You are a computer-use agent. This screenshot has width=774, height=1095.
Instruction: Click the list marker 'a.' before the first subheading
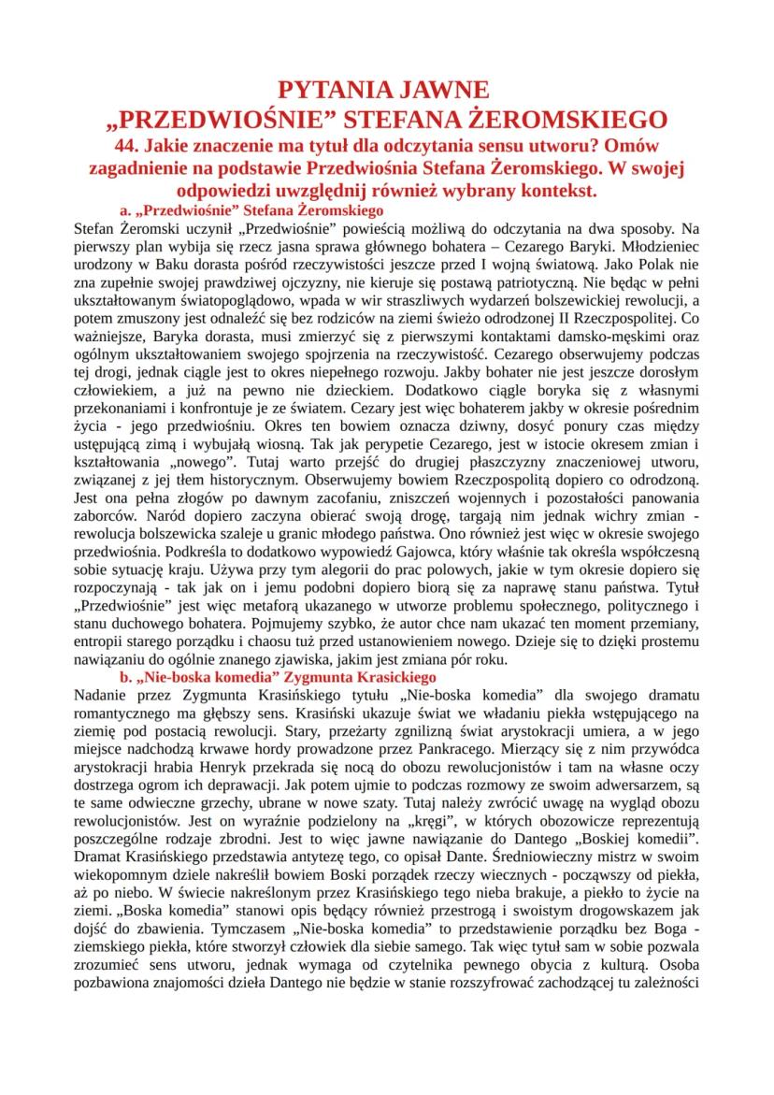[127, 210]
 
